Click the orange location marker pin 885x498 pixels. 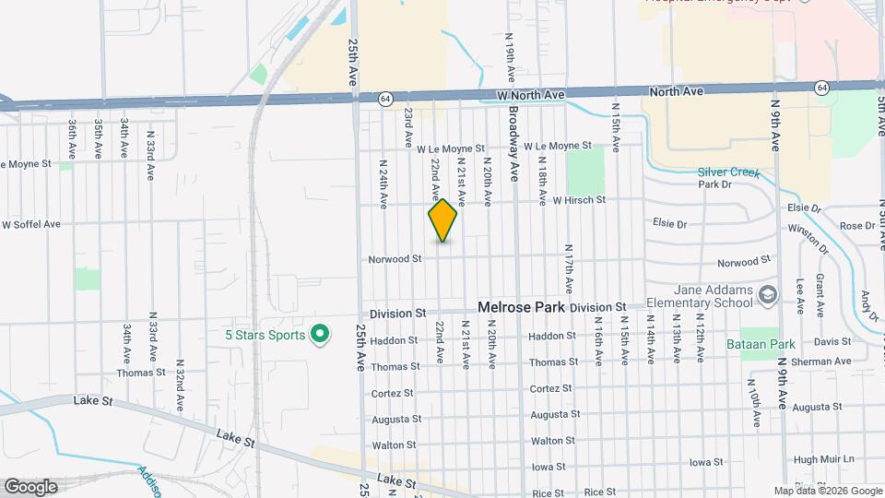(x=442, y=219)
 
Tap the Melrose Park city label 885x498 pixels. (x=519, y=306)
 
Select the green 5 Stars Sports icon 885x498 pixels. (x=320, y=334)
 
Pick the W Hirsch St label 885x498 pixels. (x=579, y=199)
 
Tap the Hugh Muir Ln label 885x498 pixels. (x=824, y=459)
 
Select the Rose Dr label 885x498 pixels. (x=856, y=226)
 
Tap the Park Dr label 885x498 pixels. (x=714, y=184)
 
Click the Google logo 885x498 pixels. (x=29, y=486)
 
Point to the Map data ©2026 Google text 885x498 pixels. (x=827, y=491)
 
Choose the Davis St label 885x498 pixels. (x=832, y=341)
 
